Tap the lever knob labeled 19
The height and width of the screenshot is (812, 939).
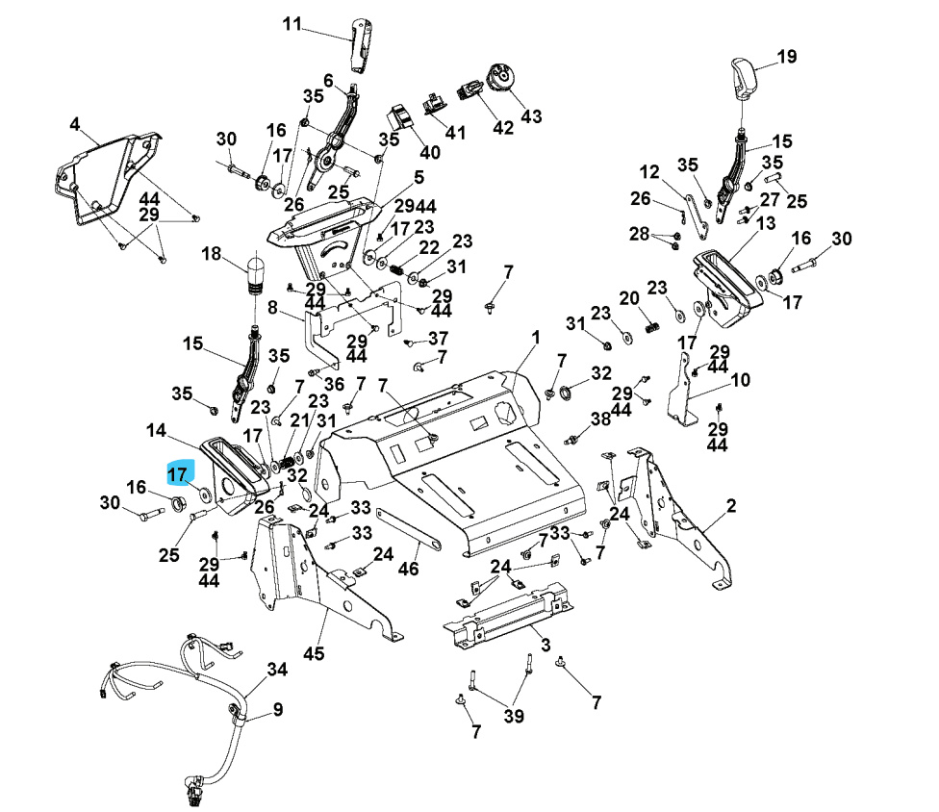pos(743,77)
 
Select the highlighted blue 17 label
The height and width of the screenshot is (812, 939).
pos(180,472)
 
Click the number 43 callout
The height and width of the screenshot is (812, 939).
pos(531,115)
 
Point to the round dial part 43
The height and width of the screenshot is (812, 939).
pos(502,77)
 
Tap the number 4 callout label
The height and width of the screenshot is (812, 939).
pos(74,124)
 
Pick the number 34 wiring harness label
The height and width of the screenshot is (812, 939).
pos(277,668)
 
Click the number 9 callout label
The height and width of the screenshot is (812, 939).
pos(277,710)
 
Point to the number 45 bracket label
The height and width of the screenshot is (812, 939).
pos(314,654)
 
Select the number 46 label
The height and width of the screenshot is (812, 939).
pos(409,569)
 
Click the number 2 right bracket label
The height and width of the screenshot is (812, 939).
pos(731,506)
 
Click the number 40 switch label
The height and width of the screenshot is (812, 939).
pos(429,152)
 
